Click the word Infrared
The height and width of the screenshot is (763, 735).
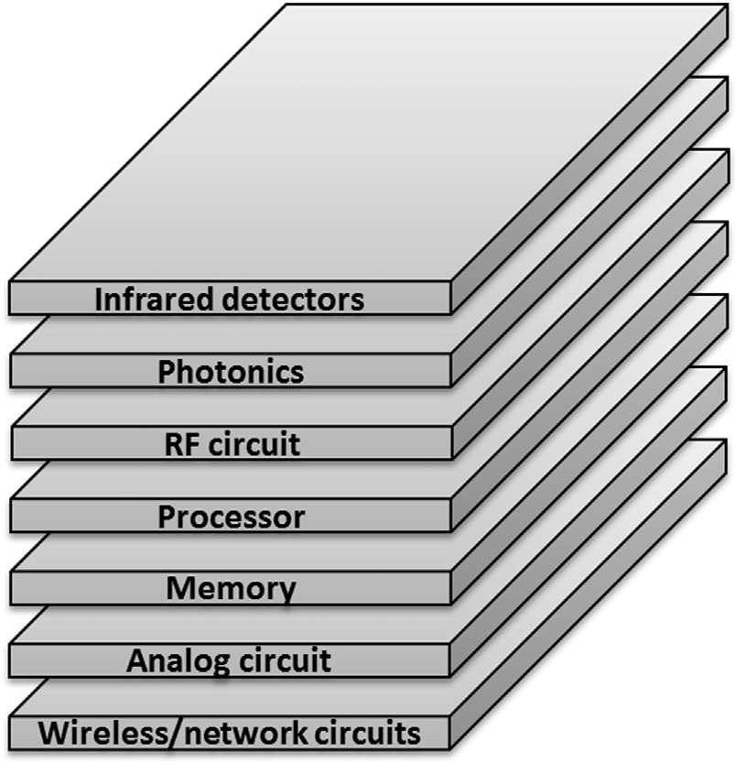tap(146, 300)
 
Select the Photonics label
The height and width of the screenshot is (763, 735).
tap(231, 372)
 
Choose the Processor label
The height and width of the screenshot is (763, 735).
tap(231, 517)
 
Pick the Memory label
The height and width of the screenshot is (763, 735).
tap(231, 589)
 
